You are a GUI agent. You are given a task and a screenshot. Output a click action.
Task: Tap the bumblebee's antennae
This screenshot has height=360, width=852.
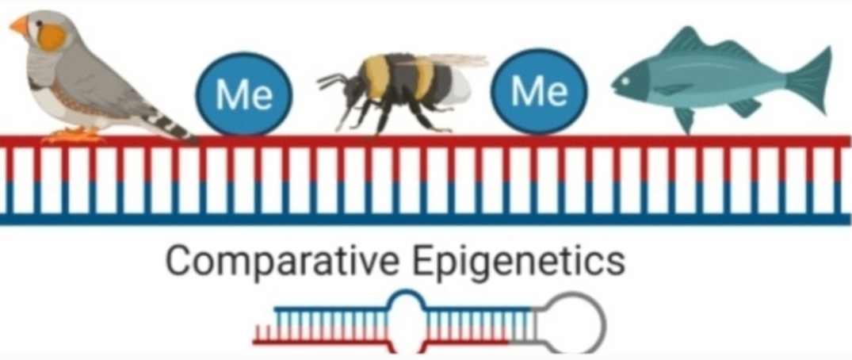(329, 79)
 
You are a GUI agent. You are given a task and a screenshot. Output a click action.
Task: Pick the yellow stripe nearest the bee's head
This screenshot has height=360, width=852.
(378, 75)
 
